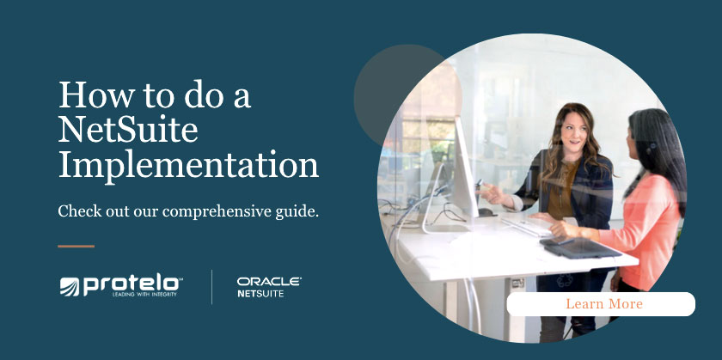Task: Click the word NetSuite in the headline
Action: click(128, 130)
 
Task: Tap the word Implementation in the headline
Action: click(188, 165)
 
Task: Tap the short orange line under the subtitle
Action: click(76, 247)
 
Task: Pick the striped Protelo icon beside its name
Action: click(70, 286)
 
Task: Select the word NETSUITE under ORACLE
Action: click(260, 294)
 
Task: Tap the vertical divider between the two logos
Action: click(212, 287)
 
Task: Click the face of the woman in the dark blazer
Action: click(573, 132)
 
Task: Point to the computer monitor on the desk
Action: click(465, 172)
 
